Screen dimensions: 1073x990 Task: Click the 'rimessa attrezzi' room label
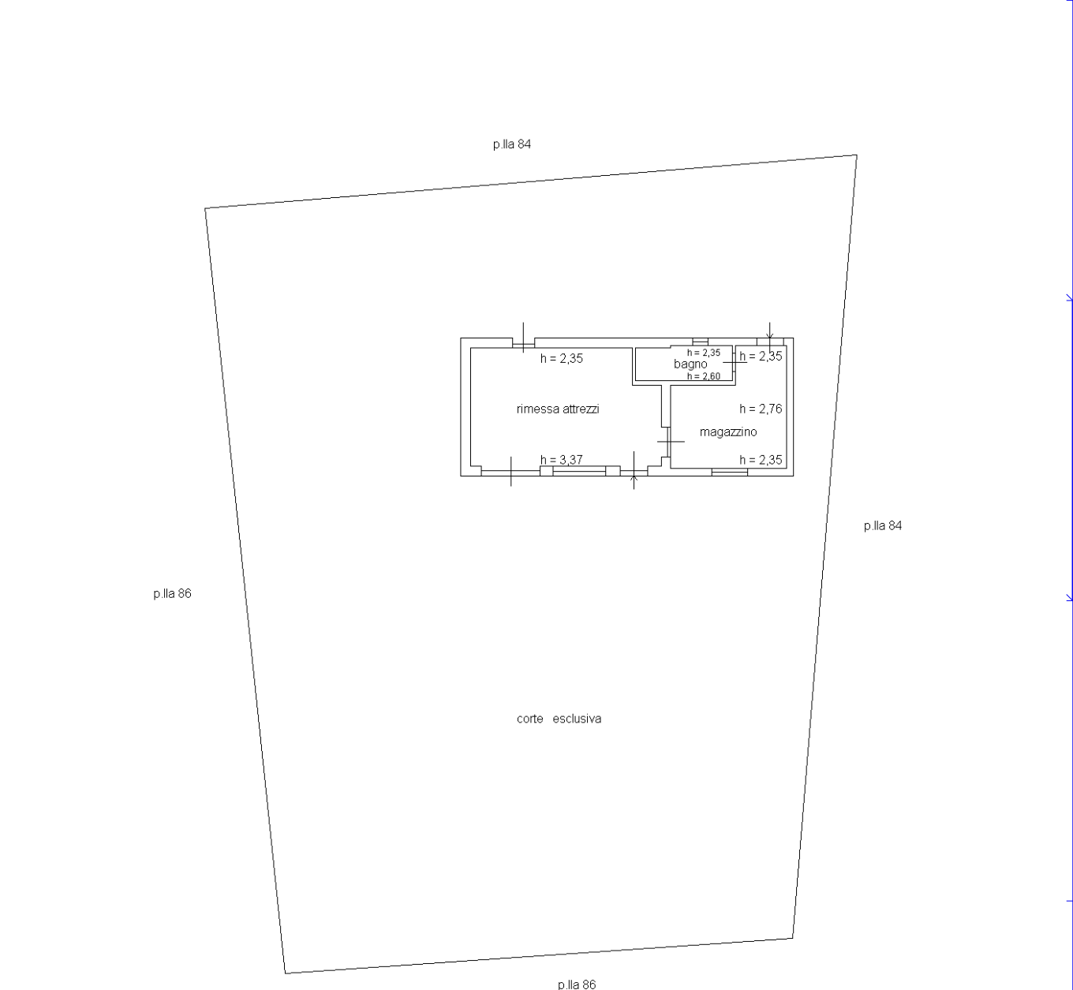pyautogui.click(x=558, y=409)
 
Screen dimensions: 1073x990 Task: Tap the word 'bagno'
pyautogui.click(x=690, y=364)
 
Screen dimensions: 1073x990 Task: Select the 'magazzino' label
pyautogui.click(x=727, y=432)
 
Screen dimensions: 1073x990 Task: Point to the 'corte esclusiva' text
pyautogui.click(x=559, y=719)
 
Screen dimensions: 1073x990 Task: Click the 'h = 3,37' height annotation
pyautogui.click(x=561, y=460)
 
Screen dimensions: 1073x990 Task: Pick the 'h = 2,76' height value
pyautogui.click(x=761, y=409)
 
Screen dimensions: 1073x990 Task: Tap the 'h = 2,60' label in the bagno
pyautogui.click(x=703, y=376)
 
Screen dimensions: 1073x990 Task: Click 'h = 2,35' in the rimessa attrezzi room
pyautogui.click(x=561, y=358)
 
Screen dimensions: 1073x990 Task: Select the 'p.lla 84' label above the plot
pyautogui.click(x=511, y=144)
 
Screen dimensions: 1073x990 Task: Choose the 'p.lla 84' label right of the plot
pyautogui.click(x=882, y=525)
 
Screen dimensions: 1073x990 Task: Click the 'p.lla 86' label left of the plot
pyautogui.click(x=172, y=593)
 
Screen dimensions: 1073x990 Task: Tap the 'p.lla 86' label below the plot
pyautogui.click(x=576, y=984)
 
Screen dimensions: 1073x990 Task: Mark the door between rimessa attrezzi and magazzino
pyautogui.click(x=667, y=442)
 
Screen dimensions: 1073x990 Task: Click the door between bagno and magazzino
pyautogui.click(x=735, y=363)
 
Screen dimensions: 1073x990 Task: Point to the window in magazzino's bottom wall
pyautogui.click(x=729, y=472)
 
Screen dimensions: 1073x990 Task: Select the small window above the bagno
pyautogui.click(x=700, y=342)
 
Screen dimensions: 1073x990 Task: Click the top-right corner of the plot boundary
pyautogui.click(x=856, y=155)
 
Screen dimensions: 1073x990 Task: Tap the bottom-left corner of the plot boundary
pyautogui.click(x=285, y=973)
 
